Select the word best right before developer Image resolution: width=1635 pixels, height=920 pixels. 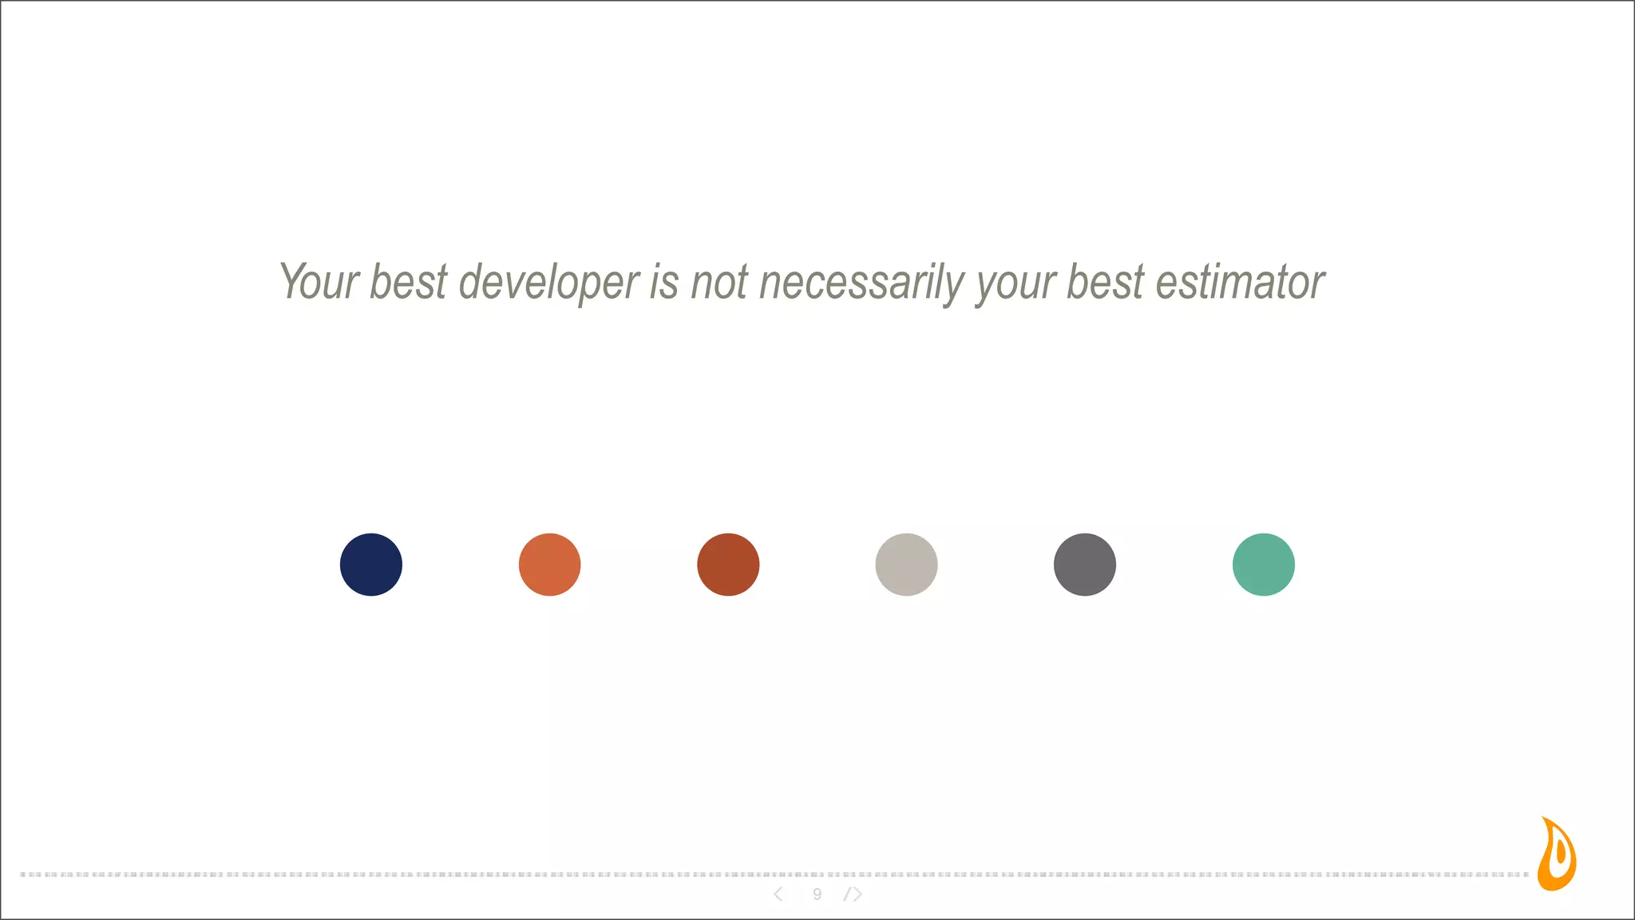click(x=408, y=282)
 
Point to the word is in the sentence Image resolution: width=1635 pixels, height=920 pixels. click(x=664, y=282)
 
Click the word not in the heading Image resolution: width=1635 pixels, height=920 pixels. click(x=719, y=282)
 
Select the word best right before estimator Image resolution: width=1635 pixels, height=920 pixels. click(x=1106, y=282)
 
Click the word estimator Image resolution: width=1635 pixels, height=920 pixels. click(x=1240, y=282)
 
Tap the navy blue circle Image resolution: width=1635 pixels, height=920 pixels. click(x=371, y=565)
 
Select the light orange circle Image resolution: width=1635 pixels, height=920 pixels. click(x=549, y=565)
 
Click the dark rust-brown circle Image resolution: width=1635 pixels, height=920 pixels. click(x=728, y=565)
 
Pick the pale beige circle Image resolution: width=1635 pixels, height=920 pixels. click(x=906, y=565)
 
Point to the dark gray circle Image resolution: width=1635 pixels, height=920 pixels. click(x=1085, y=565)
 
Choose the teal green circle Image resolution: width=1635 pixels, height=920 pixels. click(x=1263, y=565)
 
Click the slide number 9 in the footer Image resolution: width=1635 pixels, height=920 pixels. click(x=817, y=894)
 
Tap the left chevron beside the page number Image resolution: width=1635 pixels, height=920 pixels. click(x=778, y=894)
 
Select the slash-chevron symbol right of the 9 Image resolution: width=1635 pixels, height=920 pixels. click(x=853, y=894)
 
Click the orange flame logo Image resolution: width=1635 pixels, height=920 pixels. click(x=1557, y=855)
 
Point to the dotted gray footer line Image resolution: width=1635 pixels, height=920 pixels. click(x=559, y=874)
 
